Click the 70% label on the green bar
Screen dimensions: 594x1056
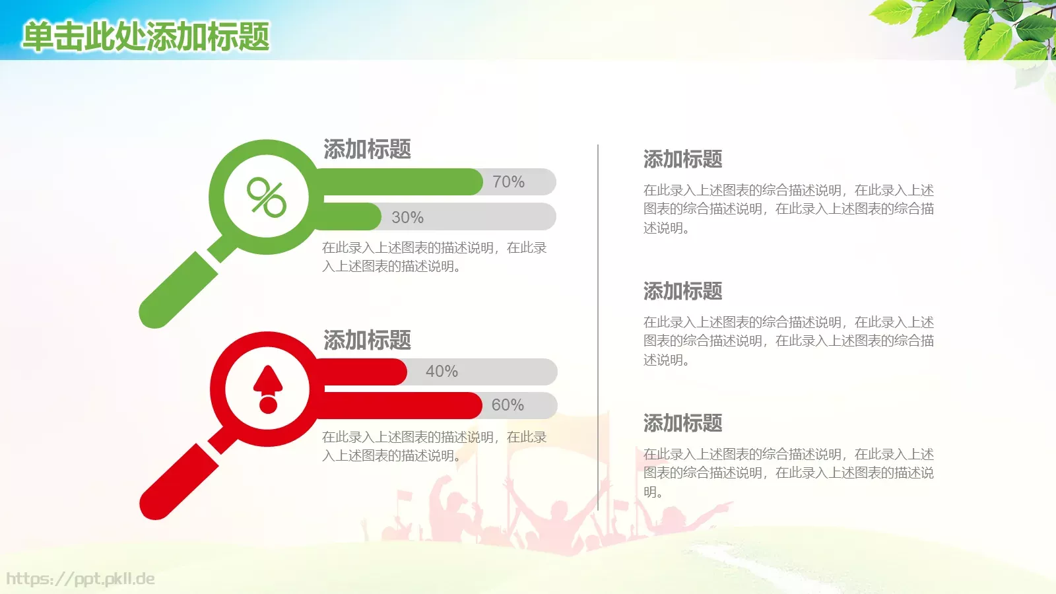click(x=508, y=181)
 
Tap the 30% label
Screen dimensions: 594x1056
click(x=407, y=217)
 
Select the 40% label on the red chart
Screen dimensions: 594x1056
click(x=442, y=372)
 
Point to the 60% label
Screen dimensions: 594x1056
click(x=508, y=405)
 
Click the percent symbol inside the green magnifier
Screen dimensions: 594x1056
click(x=267, y=197)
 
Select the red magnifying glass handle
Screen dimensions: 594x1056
click(x=178, y=482)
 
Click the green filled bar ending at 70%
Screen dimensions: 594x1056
click(x=403, y=181)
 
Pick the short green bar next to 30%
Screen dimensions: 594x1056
click(x=350, y=217)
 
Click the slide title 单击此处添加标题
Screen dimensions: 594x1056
click(x=146, y=36)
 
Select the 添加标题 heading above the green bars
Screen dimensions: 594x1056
click(x=367, y=149)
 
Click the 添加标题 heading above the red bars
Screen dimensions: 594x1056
click(x=367, y=341)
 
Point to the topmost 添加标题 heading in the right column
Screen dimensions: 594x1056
click(x=682, y=159)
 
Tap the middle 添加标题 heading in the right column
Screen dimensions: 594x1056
click(x=682, y=291)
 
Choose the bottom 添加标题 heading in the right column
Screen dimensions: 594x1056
click(x=682, y=423)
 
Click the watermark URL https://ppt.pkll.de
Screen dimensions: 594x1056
click(x=81, y=579)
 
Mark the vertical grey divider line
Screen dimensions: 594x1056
click(x=598, y=327)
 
